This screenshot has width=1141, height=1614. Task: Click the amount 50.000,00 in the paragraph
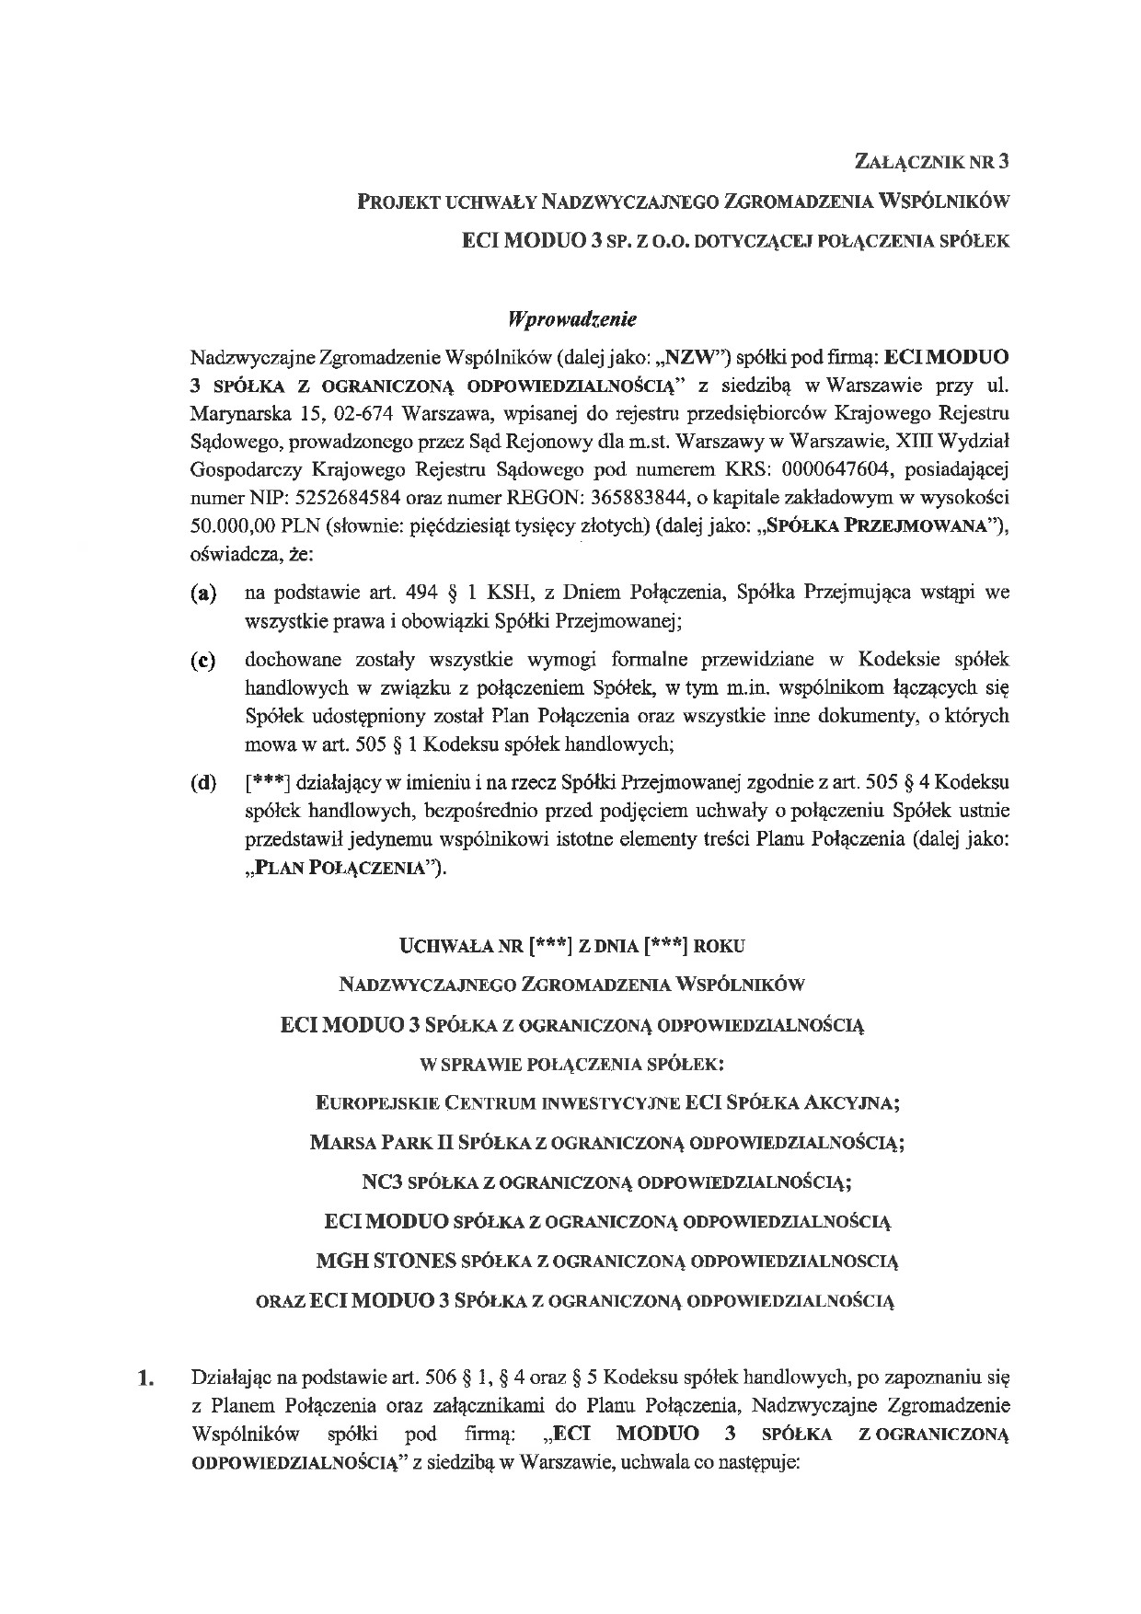[231, 527]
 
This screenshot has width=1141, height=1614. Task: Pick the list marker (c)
[202, 661]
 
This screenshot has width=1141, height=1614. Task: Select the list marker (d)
[202, 783]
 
